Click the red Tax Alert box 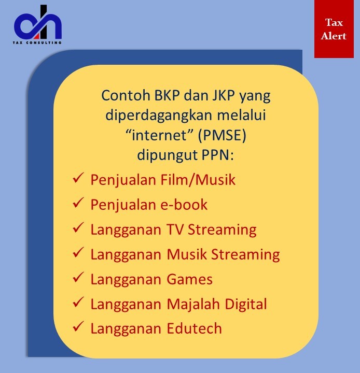click(334, 29)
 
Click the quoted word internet click(159, 135)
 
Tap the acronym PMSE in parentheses click(223, 135)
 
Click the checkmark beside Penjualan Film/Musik click(78, 178)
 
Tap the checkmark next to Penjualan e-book click(78, 203)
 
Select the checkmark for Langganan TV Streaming click(78, 227)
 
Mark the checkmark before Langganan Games click(78, 277)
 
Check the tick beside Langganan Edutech click(78, 326)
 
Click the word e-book click(184, 205)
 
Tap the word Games click(189, 279)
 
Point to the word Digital click(246, 305)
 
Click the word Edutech click(194, 329)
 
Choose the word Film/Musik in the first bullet click(198, 180)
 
